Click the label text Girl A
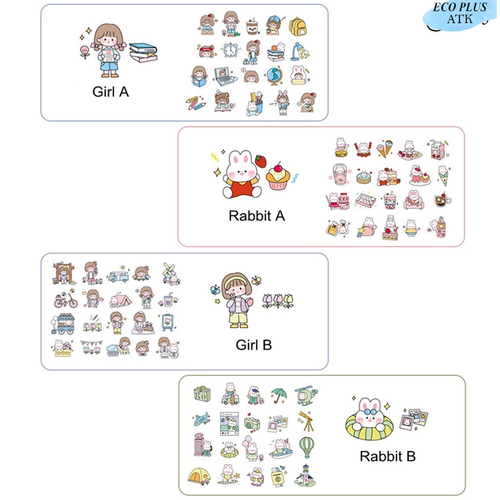pyautogui.click(x=111, y=92)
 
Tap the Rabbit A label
pyautogui.click(x=257, y=216)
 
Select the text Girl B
pyautogui.click(x=253, y=345)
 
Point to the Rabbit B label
pyautogui.click(x=388, y=457)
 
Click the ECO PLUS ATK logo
pyautogui.click(x=459, y=14)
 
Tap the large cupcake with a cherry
pyautogui.click(x=278, y=176)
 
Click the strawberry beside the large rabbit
pyautogui.click(x=261, y=161)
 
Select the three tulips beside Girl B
pyautogui.click(x=278, y=301)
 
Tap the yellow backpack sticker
pyautogui.click(x=297, y=26)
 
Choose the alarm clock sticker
pyautogui.click(x=230, y=50)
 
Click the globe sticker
pyautogui.click(x=273, y=76)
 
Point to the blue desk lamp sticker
pyautogui.click(x=299, y=51)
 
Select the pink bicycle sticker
pyautogui.click(x=66, y=300)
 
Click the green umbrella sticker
pyautogui.click(x=279, y=396)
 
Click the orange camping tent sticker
pyautogui.click(x=199, y=476)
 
